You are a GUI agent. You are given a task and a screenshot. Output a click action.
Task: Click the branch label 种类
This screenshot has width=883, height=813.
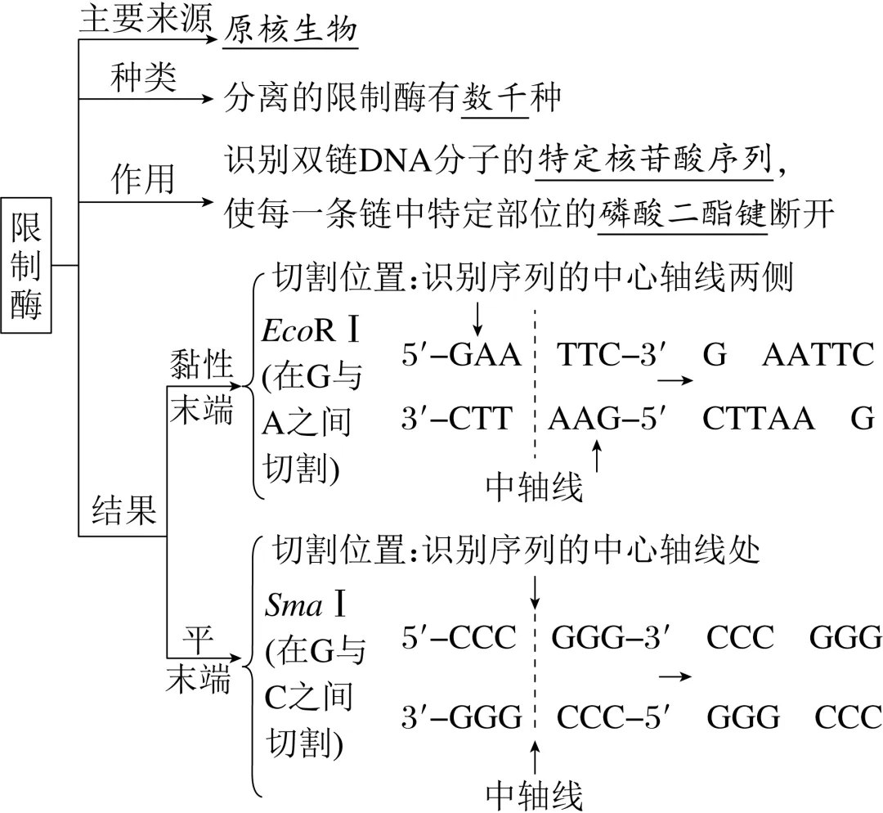[142, 81]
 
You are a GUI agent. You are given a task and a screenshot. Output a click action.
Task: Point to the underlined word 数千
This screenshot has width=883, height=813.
[495, 99]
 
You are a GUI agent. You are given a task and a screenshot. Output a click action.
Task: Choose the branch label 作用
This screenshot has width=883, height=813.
[142, 178]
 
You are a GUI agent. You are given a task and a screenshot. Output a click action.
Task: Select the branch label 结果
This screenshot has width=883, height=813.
[123, 510]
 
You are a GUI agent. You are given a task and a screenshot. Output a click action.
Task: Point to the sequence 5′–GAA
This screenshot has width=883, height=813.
[461, 355]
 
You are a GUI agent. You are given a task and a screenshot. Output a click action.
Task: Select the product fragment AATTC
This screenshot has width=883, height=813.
[818, 355]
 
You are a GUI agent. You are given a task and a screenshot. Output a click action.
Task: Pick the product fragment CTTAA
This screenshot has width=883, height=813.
[758, 418]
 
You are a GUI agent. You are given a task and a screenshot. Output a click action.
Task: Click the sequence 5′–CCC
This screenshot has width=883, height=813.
[459, 637]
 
